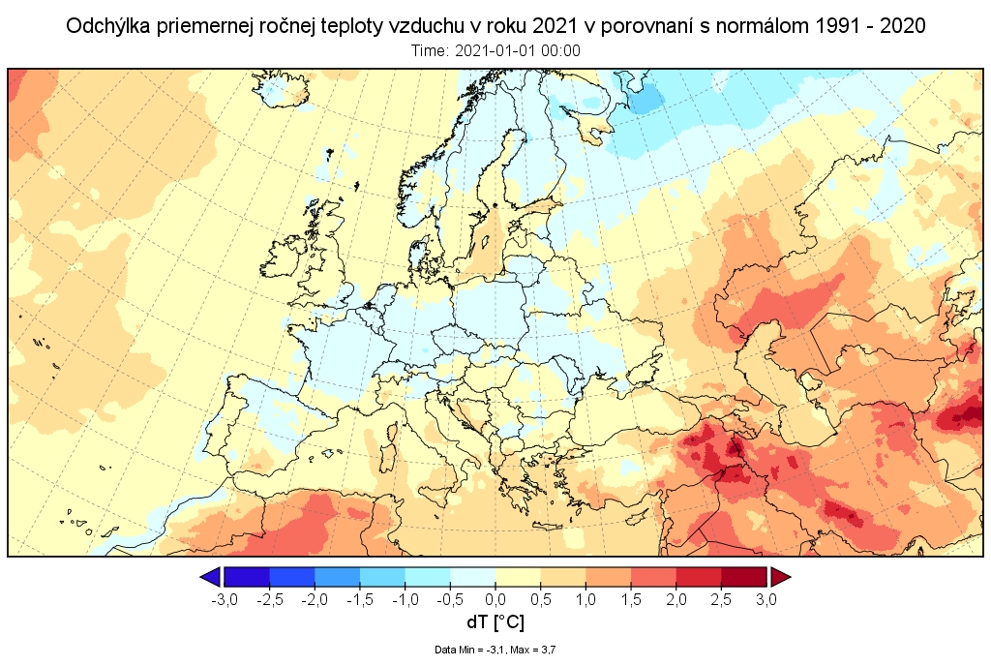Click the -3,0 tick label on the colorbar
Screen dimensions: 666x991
click(224, 600)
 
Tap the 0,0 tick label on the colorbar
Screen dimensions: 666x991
click(495, 600)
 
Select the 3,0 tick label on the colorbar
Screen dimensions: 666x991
click(766, 600)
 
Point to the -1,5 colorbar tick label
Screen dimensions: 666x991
click(359, 600)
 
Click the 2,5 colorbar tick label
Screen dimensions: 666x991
click(721, 600)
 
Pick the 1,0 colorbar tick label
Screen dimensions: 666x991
click(586, 600)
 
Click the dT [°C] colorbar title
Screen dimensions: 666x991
click(495, 622)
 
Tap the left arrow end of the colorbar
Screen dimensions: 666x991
click(210, 578)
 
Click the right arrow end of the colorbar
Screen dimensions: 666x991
click(780, 578)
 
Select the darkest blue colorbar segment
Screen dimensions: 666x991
click(247, 578)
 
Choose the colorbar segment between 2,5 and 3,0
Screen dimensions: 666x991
click(744, 578)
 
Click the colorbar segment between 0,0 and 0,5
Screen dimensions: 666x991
click(518, 578)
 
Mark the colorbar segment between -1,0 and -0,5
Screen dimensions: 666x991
click(427, 578)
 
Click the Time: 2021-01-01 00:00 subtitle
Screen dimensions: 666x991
click(495, 51)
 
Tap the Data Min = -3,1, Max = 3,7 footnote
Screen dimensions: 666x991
click(495, 650)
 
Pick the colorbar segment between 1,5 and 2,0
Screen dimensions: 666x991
click(653, 578)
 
